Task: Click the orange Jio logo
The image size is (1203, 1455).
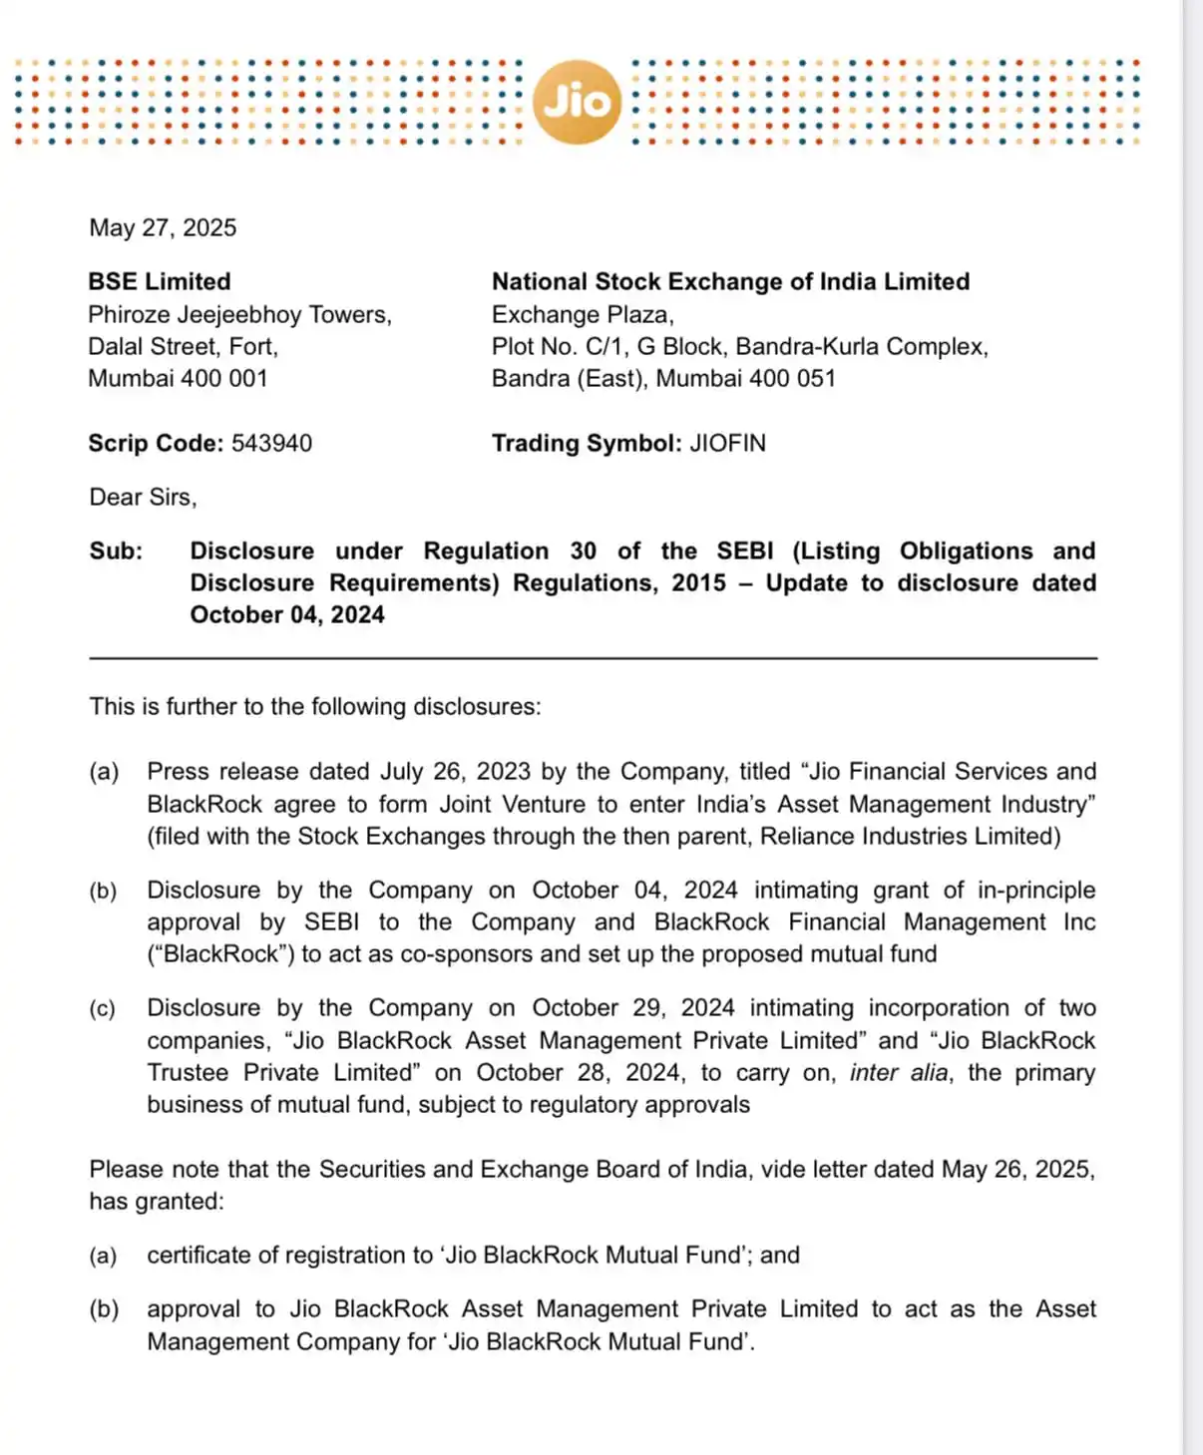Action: click(577, 102)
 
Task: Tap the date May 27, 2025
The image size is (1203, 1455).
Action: click(163, 228)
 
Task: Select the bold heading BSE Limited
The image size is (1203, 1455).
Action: click(160, 282)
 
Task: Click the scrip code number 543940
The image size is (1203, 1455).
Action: click(271, 444)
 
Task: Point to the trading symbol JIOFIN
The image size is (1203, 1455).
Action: click(727, 444)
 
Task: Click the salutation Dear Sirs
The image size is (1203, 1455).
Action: click(143, 498)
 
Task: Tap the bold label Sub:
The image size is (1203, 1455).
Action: click(116, 551)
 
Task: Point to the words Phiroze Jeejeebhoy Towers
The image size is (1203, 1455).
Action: click(239, 315)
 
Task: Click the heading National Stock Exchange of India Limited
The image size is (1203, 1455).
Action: click(730, 282)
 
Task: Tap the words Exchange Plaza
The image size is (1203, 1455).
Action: click(583, 315)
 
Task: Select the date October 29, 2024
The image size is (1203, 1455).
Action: click(632, 1008)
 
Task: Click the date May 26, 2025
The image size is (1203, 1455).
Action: click(1017, 1170)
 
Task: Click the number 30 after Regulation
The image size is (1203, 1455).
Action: click(584, 551)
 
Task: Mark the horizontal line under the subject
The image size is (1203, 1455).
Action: click(593, 659)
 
